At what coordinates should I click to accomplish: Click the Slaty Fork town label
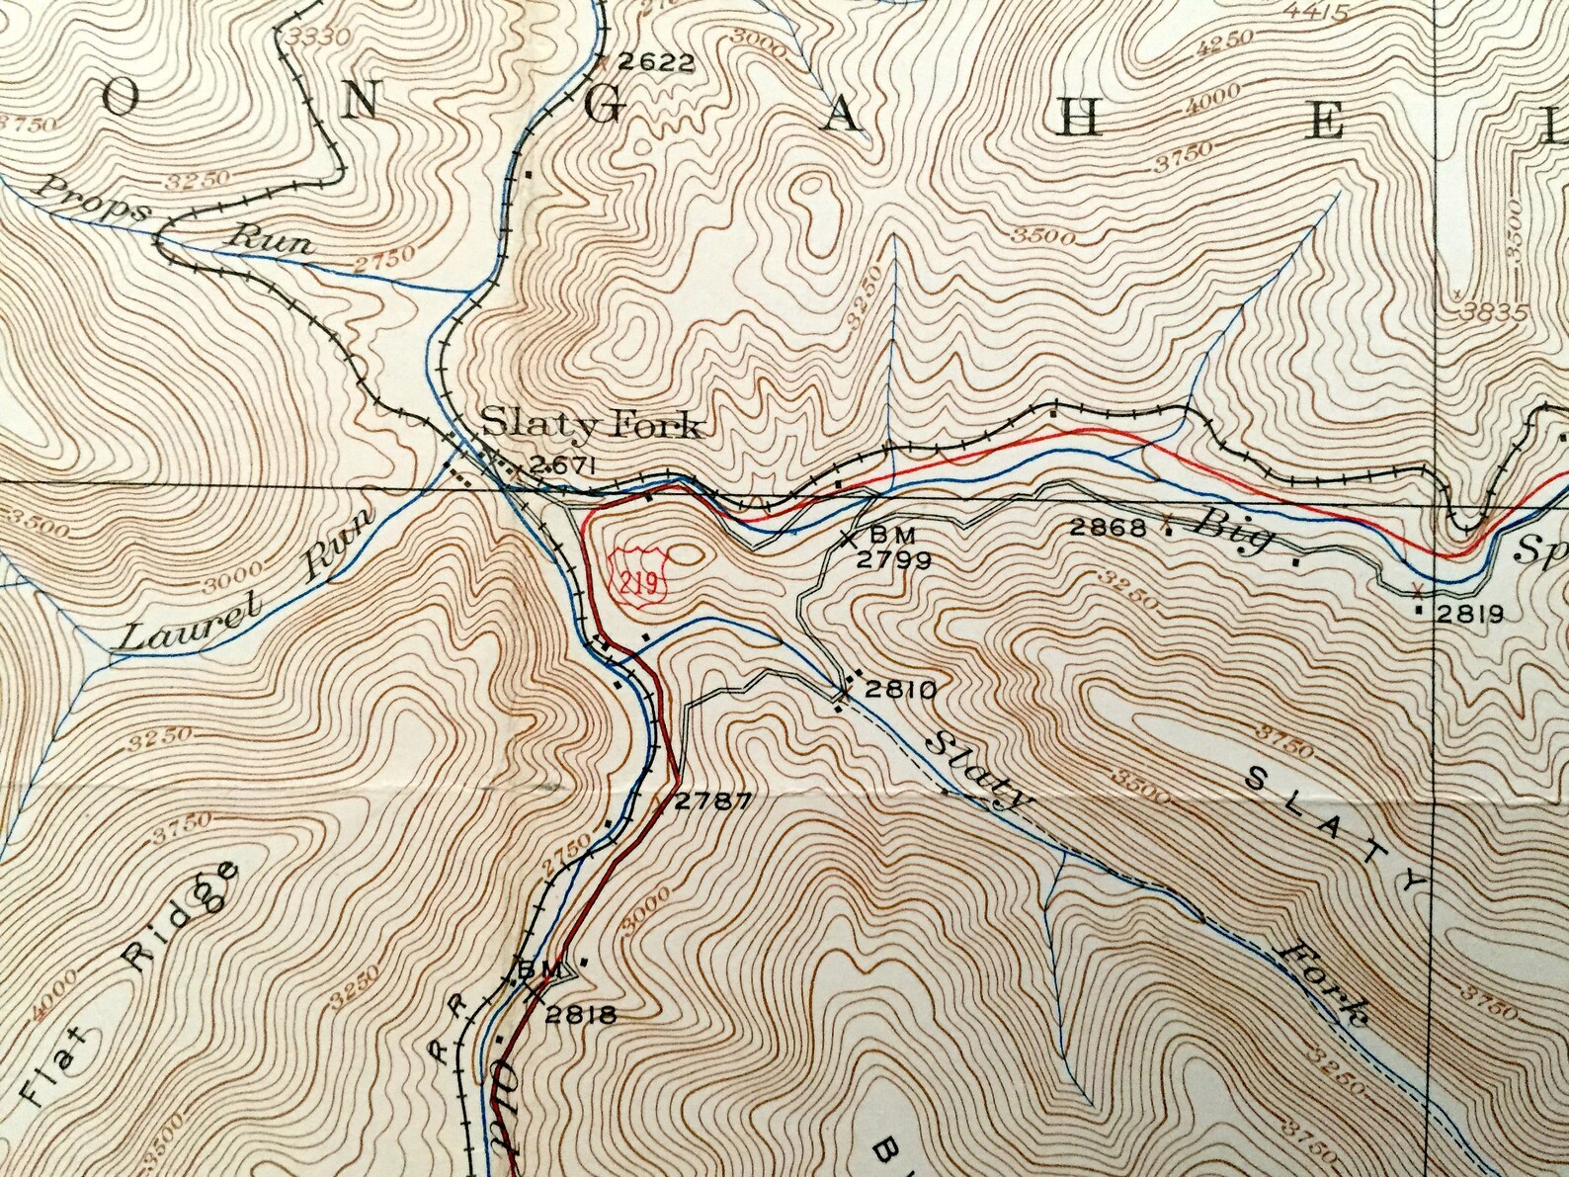[x=591, y=426]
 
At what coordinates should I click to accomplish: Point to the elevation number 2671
[x=560, y=464]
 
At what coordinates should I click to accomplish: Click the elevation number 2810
[x=899, y=690]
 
